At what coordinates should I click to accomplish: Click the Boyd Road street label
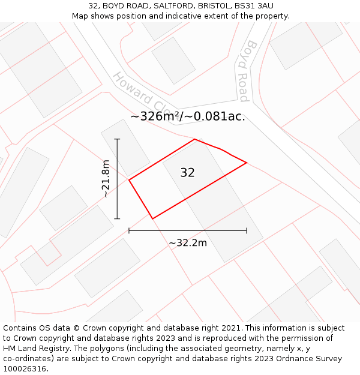click(248, 71)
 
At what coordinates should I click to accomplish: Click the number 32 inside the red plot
click(187, 173)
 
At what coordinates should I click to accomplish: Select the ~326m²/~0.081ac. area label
click(188, 116)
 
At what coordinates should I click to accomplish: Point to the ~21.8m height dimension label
click(106, 179)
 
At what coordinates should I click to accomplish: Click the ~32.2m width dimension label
click(188, 243)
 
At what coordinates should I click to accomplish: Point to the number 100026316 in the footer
click(25, 368)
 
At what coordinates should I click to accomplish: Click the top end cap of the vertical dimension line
click(117, 139)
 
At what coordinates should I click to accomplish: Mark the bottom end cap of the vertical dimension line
click(117, 218)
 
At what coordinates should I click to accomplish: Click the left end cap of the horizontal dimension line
click(129, 230)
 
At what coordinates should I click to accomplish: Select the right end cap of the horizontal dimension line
click(247, 230)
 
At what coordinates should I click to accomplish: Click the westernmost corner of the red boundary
click(129, 179)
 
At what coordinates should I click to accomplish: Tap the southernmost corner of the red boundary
click(152, 218)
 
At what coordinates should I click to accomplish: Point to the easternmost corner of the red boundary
click(247, 163)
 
